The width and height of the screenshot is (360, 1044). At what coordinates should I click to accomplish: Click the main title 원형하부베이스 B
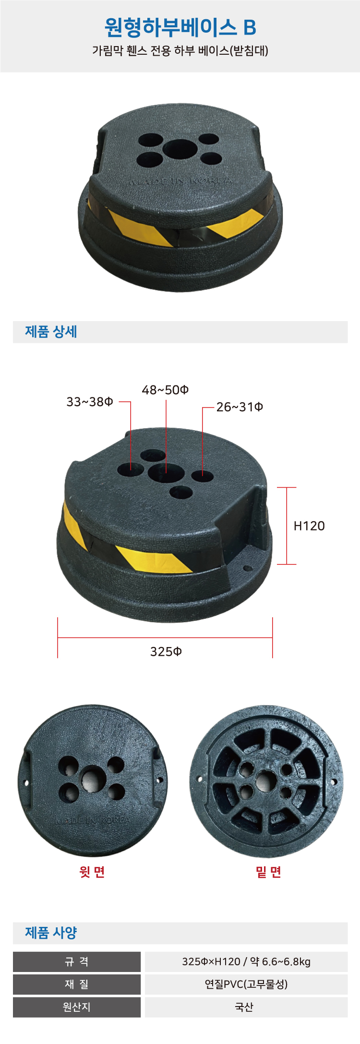click(x=180, y=27)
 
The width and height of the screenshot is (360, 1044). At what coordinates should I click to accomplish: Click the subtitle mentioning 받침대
click(x=180, y=50)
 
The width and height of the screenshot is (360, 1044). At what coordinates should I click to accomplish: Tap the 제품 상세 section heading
click(x=51, y=332)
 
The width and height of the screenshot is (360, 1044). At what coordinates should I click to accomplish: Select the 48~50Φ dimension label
click(x=165, y=390)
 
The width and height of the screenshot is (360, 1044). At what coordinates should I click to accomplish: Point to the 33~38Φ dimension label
click(x=90, y=402)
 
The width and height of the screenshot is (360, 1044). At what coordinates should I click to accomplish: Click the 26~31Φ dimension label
click(x=240, y=407)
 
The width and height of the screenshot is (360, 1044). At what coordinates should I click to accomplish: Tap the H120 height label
click(x=309, y=526)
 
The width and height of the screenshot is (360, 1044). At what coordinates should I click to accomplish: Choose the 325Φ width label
click(x=166, y=651)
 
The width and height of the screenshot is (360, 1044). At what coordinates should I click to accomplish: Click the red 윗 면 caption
click(x=92, y=872)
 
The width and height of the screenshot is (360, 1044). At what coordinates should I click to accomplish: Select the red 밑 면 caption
click(x=268, y=872)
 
